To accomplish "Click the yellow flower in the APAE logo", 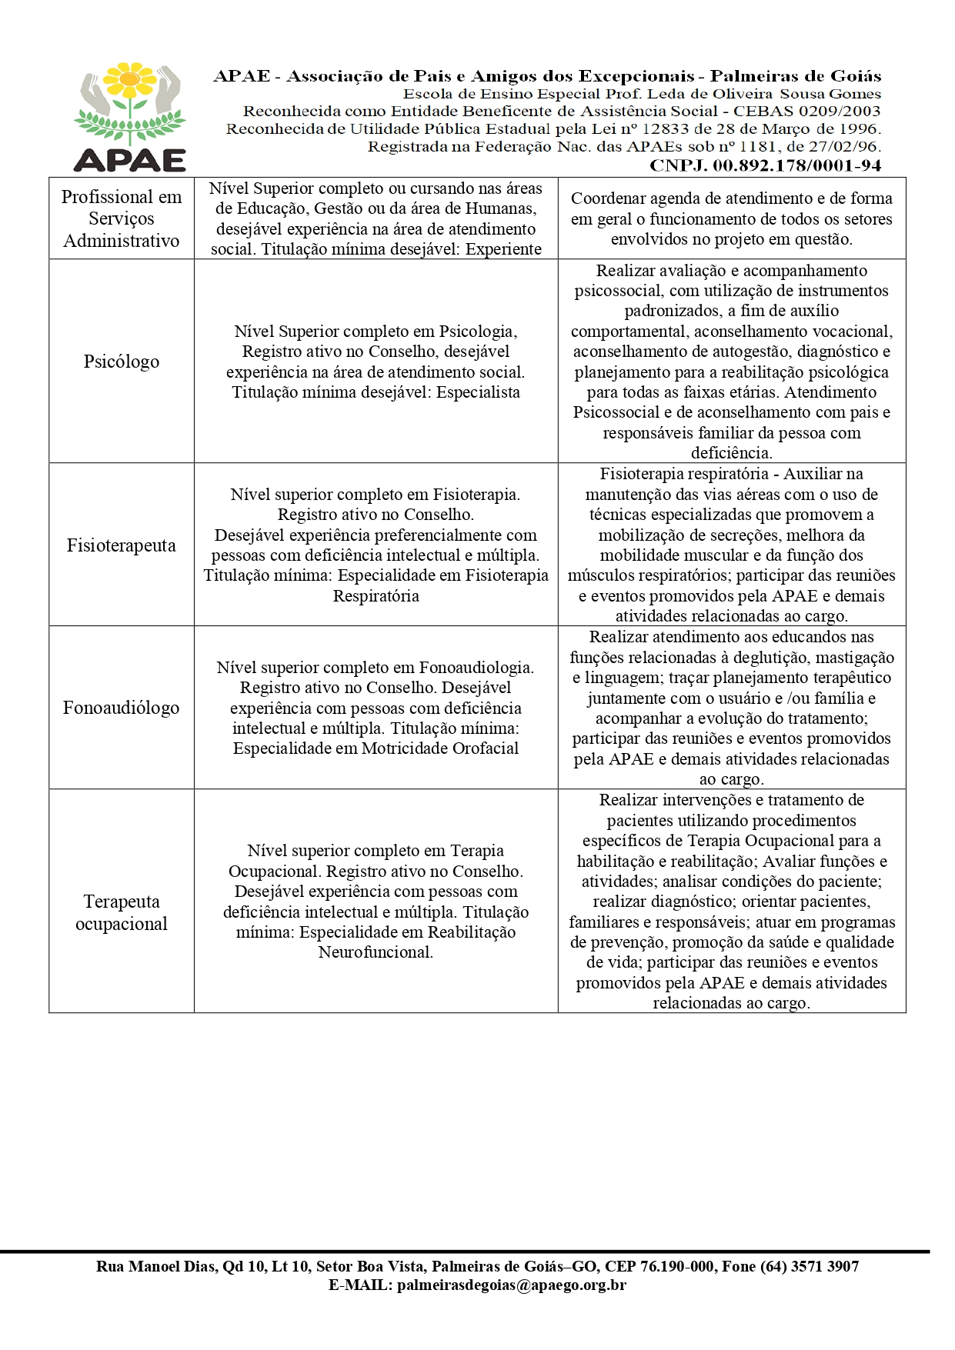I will (130, 79).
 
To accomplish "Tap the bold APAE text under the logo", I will (129, 160).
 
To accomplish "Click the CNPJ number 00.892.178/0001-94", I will (796, 165).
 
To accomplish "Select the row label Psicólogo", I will (122, 362).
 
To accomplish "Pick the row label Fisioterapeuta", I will (122, 545).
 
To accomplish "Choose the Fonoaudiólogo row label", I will (122, 708).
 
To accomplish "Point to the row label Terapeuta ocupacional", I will (122, 912).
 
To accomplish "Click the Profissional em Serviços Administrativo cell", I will (122, 218).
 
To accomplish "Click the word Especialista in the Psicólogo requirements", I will (478, 392).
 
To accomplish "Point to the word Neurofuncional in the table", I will (376, 952).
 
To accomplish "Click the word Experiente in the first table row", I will (503, 249).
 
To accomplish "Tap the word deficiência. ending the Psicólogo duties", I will (731, 453).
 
